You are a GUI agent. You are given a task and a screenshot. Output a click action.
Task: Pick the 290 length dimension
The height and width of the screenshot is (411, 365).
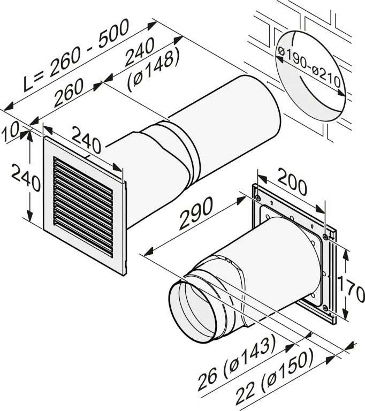tap(195, 213)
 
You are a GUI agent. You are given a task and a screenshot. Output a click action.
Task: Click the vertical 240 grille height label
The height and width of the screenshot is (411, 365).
tap(26, 178)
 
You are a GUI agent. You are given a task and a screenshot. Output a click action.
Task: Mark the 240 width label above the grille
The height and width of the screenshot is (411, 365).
tap(86, 140)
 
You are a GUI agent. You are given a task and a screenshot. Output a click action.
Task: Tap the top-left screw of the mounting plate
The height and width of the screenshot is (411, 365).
tap(258, 198)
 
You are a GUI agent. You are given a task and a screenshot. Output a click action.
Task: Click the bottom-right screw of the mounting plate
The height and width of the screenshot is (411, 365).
tap(325, 308)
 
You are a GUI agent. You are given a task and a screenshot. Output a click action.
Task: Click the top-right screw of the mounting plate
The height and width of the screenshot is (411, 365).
tap(325, 237)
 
